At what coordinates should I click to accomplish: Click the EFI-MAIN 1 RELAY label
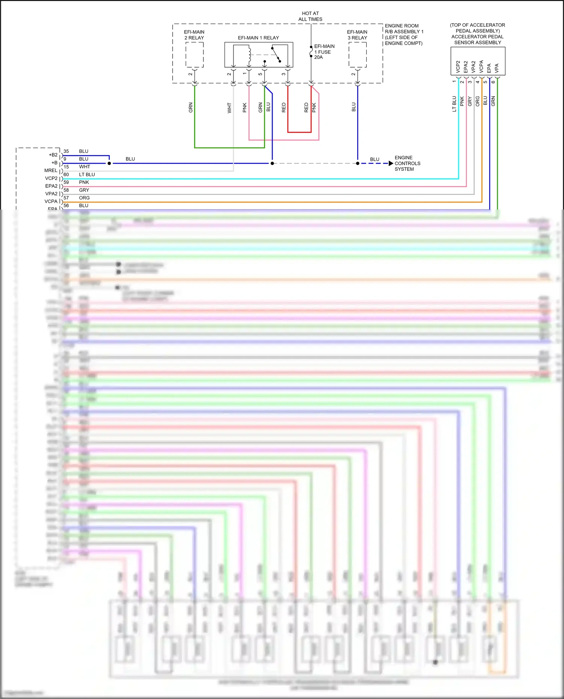[x=258, y=38]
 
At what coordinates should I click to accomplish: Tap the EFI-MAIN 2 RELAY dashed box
[x=194, y=55]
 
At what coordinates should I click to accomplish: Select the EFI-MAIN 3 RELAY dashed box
[x=357, y=55]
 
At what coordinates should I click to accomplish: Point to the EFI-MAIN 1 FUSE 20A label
[x=324, y=52]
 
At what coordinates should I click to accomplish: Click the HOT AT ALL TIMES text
[x=310, y=16]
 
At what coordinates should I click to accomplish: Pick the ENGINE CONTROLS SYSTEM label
[x=407, y=163]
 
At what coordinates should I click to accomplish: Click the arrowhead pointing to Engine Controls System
[x=391, y=163]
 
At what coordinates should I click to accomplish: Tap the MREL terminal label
[x=51, y=171]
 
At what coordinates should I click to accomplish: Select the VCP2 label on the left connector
[x=51, y=178]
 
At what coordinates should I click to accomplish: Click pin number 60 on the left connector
[x=66, y=175]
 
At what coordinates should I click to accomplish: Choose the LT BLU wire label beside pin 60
[x=87, y=175]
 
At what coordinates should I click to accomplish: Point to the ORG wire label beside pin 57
[x=84, y=198]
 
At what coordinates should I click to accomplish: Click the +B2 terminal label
[x=53, y=155]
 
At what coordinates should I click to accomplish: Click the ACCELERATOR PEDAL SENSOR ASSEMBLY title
[x=478, y=39]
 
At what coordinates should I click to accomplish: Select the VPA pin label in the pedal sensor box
[x=497, y=68]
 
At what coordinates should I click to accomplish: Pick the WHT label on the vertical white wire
[x=229, y=108]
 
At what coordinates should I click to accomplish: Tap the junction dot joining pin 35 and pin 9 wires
[x=109, y=163]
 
